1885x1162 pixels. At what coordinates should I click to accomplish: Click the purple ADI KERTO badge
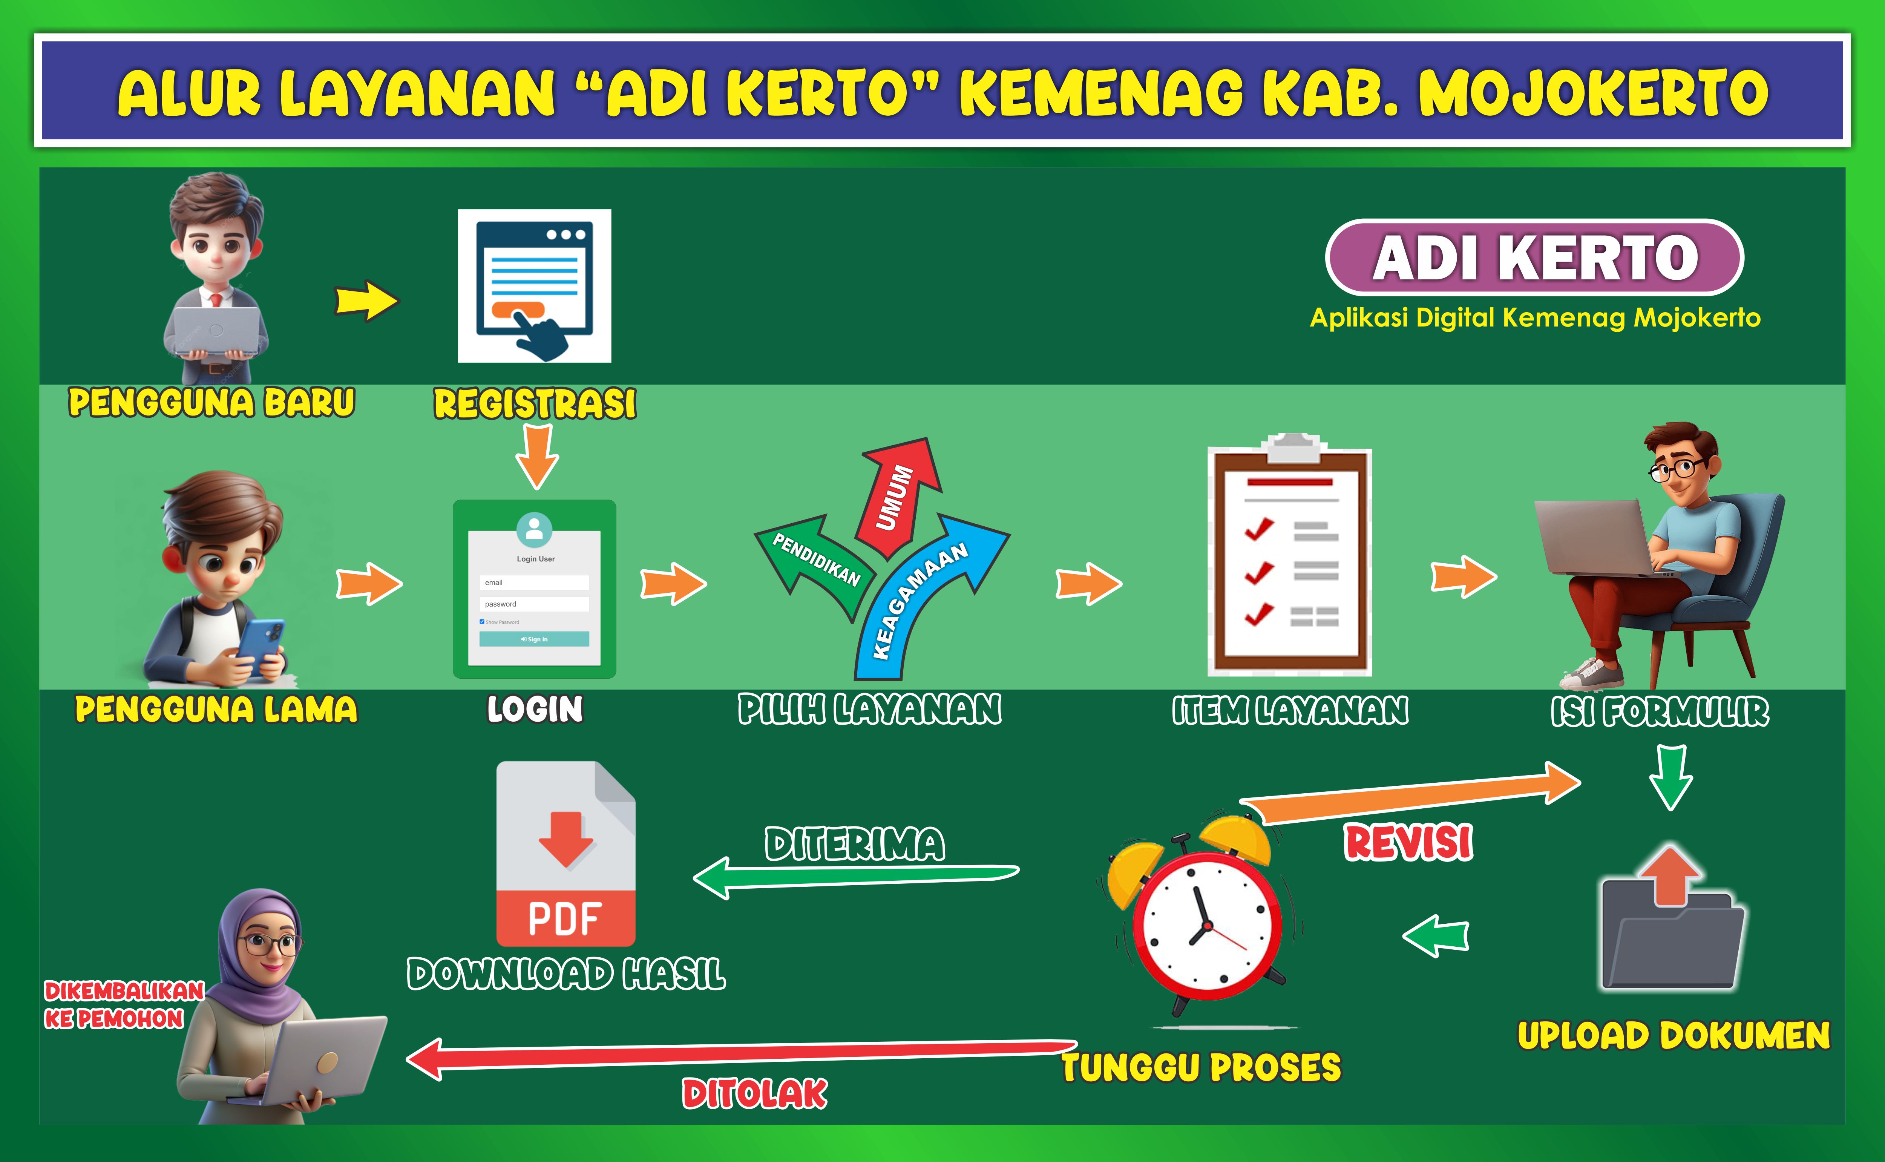[1535, 258]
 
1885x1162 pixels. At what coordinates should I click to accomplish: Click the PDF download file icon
[565, 853]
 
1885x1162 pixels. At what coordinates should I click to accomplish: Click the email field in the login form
[534, 583]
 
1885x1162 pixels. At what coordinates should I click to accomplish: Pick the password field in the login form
[534, 604]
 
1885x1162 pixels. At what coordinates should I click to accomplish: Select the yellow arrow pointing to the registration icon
[367, 300]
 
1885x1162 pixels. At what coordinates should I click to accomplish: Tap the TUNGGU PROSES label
[1201, 1067]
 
